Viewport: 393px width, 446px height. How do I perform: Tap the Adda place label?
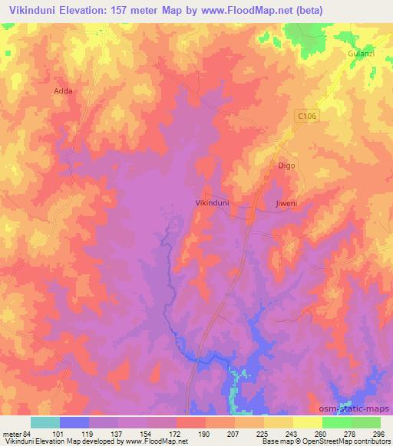(x=64, y=90)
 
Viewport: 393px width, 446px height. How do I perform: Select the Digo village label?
(x=286, y=165)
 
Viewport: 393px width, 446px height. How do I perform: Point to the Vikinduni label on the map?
(x=213, y=203)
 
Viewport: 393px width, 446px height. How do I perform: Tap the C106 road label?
(x=307, y=116)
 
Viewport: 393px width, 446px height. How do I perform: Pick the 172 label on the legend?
(x=175, y=433)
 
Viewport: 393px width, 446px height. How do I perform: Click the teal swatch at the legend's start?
(x=45, y=422)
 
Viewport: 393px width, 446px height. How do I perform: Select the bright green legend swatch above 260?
(x=337, y=422)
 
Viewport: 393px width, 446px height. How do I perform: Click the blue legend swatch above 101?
(x=74, y=422)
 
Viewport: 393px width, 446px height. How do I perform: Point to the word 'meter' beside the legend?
(x=10, y=433)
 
